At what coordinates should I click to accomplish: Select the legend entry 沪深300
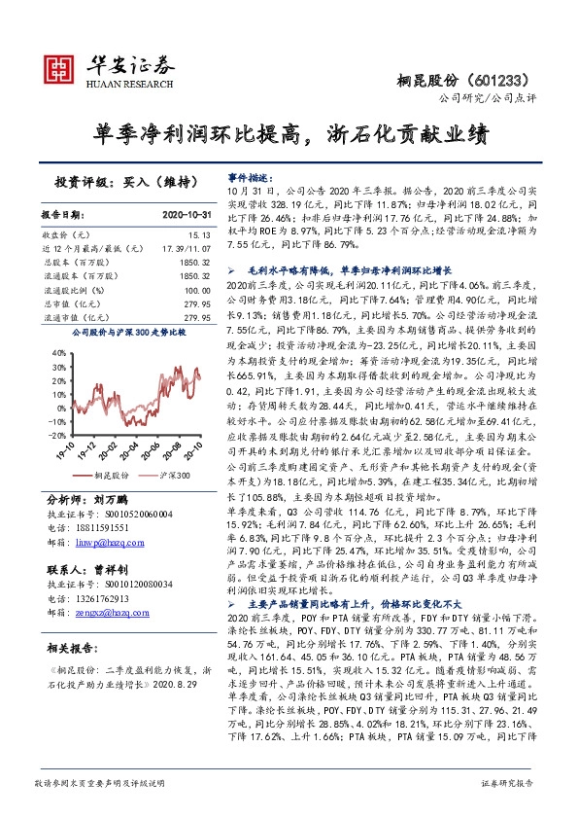pos(172,476)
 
